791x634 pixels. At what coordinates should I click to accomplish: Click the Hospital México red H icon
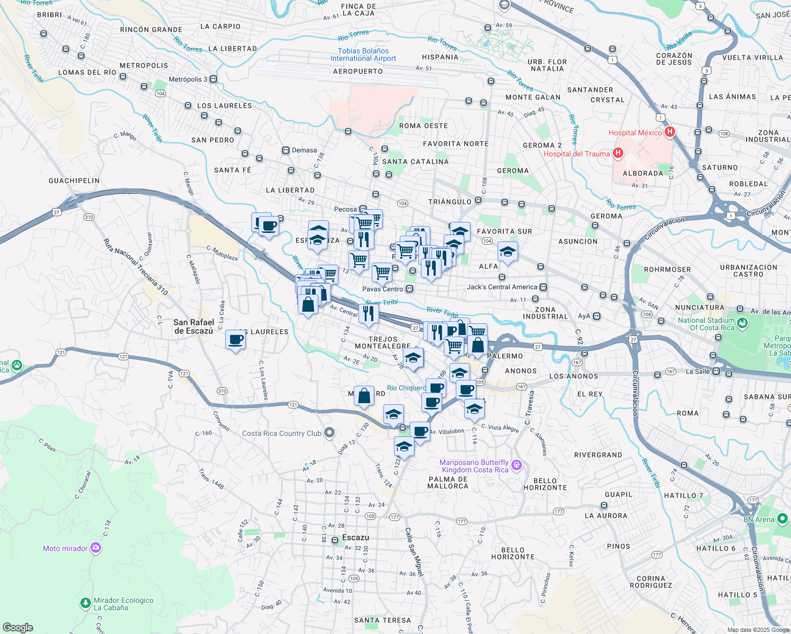(x=669, y=132)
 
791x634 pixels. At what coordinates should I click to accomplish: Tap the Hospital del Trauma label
(x=576, y=154)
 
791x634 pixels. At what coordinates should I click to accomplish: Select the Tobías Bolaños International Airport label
(x=363, y=55)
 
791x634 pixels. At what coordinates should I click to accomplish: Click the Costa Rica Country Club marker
(x=329, y=433)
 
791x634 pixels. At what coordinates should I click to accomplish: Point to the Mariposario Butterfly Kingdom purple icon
(x=517, y=465)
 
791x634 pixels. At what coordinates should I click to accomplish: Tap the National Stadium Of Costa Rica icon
(x=742, y=323)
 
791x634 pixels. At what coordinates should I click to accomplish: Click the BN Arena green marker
(x=783, y=519)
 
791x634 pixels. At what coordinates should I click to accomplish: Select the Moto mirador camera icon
(x=96, y=548)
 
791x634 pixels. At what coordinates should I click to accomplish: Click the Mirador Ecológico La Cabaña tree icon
(x=85, y=603)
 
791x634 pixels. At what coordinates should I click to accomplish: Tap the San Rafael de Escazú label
(x=194, y=327)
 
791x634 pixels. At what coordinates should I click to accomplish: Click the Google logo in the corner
(x=17, y=628)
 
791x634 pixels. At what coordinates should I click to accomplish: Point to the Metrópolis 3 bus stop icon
(x=213, y=79)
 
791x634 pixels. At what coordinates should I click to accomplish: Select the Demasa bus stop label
(x=304, y=150)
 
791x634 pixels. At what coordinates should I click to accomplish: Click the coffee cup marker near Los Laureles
(x=235, y=340)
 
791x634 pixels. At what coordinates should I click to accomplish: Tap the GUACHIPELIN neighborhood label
(x=74, y=181)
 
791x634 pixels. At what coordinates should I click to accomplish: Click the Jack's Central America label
(x=502, y=287)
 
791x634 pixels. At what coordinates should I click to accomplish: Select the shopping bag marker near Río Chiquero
(x=364, y=396)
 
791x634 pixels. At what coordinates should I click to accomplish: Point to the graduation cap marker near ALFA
(x=507, y=252)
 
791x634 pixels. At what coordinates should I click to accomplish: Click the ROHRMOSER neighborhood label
(x=667, y=269)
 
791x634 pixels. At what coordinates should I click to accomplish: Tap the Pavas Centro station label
(x=382, y=289)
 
